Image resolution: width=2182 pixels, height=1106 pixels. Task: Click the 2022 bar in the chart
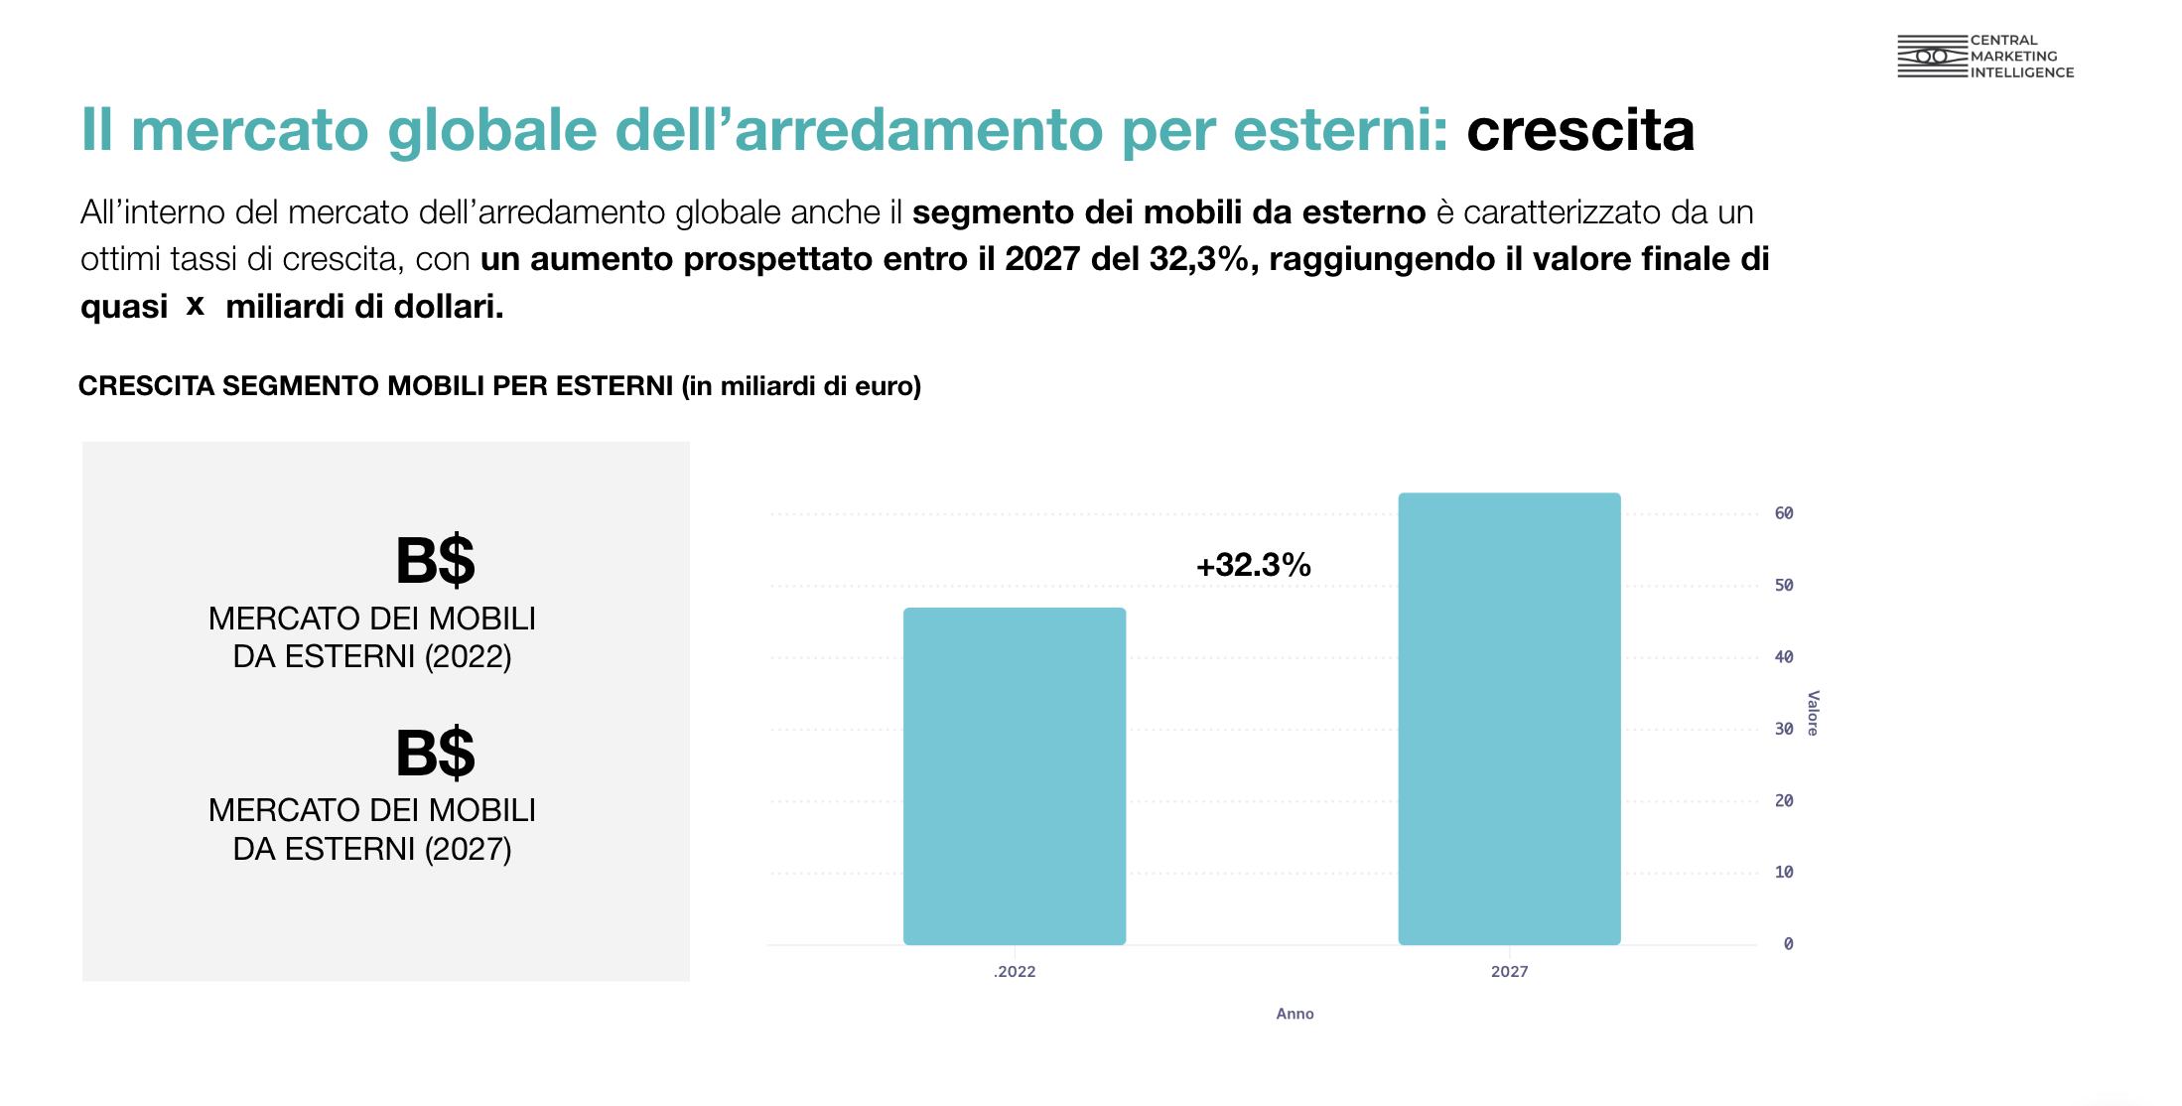[x=1014, y=775]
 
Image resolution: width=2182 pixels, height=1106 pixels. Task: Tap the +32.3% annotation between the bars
[x=1253, y=565]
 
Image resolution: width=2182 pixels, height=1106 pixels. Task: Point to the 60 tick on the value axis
[x=1784, y=513]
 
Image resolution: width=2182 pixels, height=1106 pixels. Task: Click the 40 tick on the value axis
[x=1784, y=657]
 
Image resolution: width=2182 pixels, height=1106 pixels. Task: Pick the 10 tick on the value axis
[x=1784, y=873]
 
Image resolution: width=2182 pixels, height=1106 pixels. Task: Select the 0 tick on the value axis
[x=1788, y=944]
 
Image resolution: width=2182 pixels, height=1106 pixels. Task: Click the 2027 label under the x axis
[x=1509, y=972]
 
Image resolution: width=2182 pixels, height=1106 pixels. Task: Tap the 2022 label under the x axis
[x=1015, y=972]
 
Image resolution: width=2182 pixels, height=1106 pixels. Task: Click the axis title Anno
[x=1295, y=1014]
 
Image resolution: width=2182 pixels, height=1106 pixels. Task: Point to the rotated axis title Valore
[x=1813, y=713]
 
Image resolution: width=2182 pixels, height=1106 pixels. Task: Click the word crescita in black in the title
[x=1580, y=130]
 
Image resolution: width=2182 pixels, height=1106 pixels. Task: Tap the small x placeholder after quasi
[x=196, y=305]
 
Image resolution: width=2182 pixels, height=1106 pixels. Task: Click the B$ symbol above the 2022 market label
[x=435, y=561]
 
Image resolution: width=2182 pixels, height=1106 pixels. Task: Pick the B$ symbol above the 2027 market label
[x=435, y=754]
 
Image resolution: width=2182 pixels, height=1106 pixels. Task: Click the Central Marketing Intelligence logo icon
[x=1931, y=57]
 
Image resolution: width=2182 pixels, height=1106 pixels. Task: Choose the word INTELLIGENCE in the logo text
[x=2022, y=72]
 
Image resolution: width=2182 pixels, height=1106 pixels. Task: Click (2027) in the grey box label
[x=468, y=850]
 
